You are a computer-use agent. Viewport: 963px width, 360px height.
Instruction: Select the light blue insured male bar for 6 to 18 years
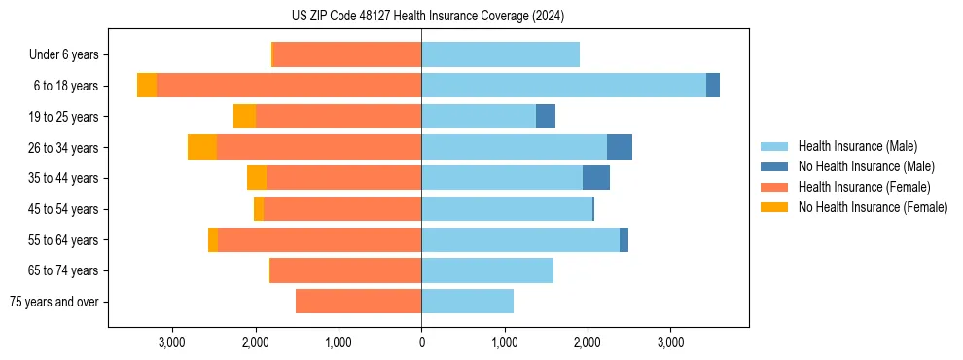563,86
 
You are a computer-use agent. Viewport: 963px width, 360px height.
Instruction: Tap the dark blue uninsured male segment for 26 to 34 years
620,147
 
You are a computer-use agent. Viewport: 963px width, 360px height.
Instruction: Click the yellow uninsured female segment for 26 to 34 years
202,147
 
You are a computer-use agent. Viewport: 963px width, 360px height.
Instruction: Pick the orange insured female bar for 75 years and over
358,302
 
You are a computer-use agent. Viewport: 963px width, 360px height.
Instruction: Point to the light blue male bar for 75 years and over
467,302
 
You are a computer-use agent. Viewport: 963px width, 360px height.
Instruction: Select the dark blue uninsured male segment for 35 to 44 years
596,178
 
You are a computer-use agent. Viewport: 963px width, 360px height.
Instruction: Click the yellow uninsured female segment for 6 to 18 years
147,86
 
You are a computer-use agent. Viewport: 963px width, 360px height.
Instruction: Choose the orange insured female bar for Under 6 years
347,54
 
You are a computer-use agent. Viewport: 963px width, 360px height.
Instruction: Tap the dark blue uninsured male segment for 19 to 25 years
546,117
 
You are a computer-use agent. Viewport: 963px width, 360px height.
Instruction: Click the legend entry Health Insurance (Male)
857,146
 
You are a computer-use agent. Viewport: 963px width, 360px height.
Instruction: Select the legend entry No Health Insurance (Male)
866,166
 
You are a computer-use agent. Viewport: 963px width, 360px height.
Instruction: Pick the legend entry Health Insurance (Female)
864,187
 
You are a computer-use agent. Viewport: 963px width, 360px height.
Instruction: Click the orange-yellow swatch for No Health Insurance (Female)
775,207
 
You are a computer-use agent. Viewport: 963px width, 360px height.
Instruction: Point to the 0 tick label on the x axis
421,343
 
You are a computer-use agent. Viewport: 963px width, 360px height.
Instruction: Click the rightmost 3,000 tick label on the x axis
670,343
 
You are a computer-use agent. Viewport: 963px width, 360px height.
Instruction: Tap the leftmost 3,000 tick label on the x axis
171,343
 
